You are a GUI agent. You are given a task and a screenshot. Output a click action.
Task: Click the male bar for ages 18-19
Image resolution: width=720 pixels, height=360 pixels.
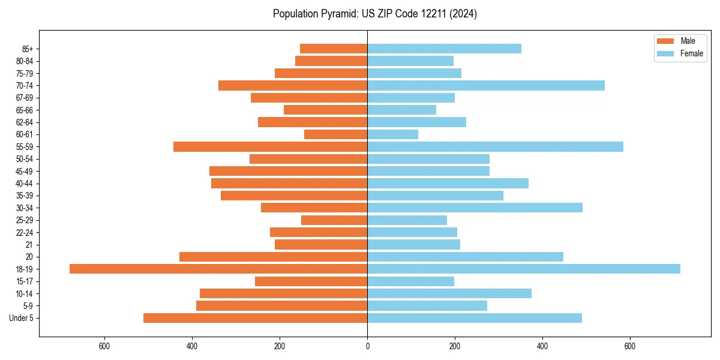tap(218, 269)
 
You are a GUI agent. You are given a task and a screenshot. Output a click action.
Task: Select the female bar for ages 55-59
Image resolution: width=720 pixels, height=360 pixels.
tap(495, 146)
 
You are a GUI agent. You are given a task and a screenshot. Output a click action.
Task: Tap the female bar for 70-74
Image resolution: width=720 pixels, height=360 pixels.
tap(486, 85)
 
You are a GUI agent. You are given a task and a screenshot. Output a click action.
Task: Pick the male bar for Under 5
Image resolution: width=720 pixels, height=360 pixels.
tap(255, 318)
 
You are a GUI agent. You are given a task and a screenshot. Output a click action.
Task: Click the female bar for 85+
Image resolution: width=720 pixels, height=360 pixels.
tap(444, 49)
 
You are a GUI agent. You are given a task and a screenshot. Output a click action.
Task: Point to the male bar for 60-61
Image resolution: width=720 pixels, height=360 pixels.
tap(335, 134)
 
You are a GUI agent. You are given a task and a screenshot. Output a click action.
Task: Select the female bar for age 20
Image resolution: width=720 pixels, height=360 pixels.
tap(465, 257)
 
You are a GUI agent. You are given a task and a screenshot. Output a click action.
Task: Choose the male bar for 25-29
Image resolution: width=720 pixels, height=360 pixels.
tap(334, 220)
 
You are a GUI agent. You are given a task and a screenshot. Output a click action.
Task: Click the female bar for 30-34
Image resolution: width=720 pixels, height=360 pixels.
tap(475, 208)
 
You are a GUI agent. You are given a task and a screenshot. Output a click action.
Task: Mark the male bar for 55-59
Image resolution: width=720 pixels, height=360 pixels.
tap(270, 146)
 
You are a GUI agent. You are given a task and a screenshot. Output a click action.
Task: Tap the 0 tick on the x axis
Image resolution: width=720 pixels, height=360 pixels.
tap(367, 346)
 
